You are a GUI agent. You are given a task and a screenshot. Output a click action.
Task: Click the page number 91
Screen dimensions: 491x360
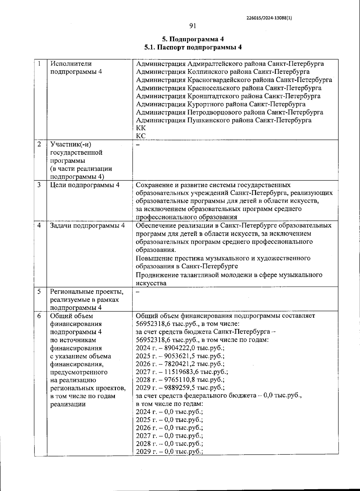tap(193, 26)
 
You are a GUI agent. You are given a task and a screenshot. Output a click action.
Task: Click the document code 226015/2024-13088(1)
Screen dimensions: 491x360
tap(269, 18)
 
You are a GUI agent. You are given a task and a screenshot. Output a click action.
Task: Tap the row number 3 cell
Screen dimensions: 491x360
tap(39, 185)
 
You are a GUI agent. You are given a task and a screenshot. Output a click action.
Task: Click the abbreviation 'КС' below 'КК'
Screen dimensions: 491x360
tap(141, 136)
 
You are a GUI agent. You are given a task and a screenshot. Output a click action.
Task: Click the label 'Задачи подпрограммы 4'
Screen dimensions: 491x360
tap(87, 225)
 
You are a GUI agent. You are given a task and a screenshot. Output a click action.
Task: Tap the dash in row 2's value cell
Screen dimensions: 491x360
tap(138, 144)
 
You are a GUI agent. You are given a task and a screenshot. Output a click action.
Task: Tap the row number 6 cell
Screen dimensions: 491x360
tap(39, 316)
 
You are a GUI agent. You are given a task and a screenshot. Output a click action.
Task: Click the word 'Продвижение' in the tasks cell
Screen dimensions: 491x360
tap(155, 275)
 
